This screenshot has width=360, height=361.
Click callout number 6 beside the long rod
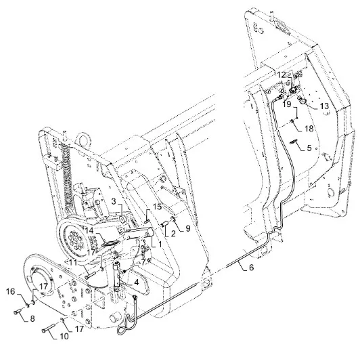pos(251,268)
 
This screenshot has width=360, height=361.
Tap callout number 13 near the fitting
pos(324,106)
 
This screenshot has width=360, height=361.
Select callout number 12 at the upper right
pos(281,75)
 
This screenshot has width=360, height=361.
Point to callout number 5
pos(309,148)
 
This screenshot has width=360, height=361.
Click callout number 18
pos(309,129)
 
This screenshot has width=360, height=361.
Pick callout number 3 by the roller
pos(114,201)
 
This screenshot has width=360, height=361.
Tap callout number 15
pos(158,207)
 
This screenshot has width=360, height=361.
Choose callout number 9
pos(188,228)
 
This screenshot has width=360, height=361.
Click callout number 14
pos(91,230)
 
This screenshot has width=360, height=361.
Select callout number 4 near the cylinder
pos(137,282)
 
